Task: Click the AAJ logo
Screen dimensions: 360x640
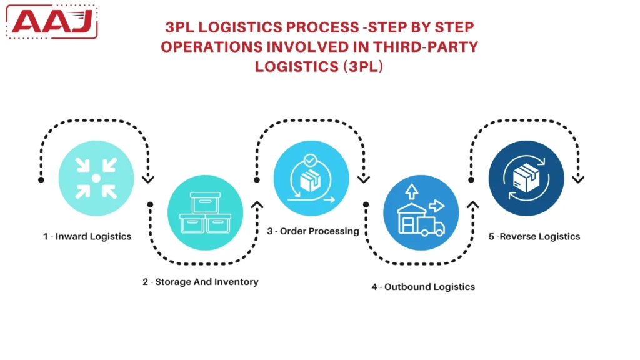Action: (53, 22)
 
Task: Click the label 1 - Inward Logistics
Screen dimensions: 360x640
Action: (87, 237)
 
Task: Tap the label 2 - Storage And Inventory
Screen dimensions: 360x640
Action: (200, 282)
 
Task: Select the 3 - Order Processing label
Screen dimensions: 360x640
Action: (313, 231)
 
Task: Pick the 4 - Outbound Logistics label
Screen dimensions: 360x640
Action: (423, 287)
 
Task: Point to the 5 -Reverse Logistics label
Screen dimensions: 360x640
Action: (534, 237)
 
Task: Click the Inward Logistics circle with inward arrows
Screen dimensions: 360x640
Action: (96, 178)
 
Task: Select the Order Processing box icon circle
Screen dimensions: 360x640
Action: (311, 178)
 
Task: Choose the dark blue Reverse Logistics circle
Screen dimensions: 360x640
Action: (526, 178)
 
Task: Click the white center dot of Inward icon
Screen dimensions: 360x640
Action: (96, 179)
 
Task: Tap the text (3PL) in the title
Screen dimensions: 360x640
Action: (362, 66)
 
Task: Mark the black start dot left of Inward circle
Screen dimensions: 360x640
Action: (41, 180)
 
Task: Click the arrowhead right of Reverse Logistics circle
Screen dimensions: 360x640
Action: (579, 179)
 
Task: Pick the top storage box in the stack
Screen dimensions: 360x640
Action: (205, 204)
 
